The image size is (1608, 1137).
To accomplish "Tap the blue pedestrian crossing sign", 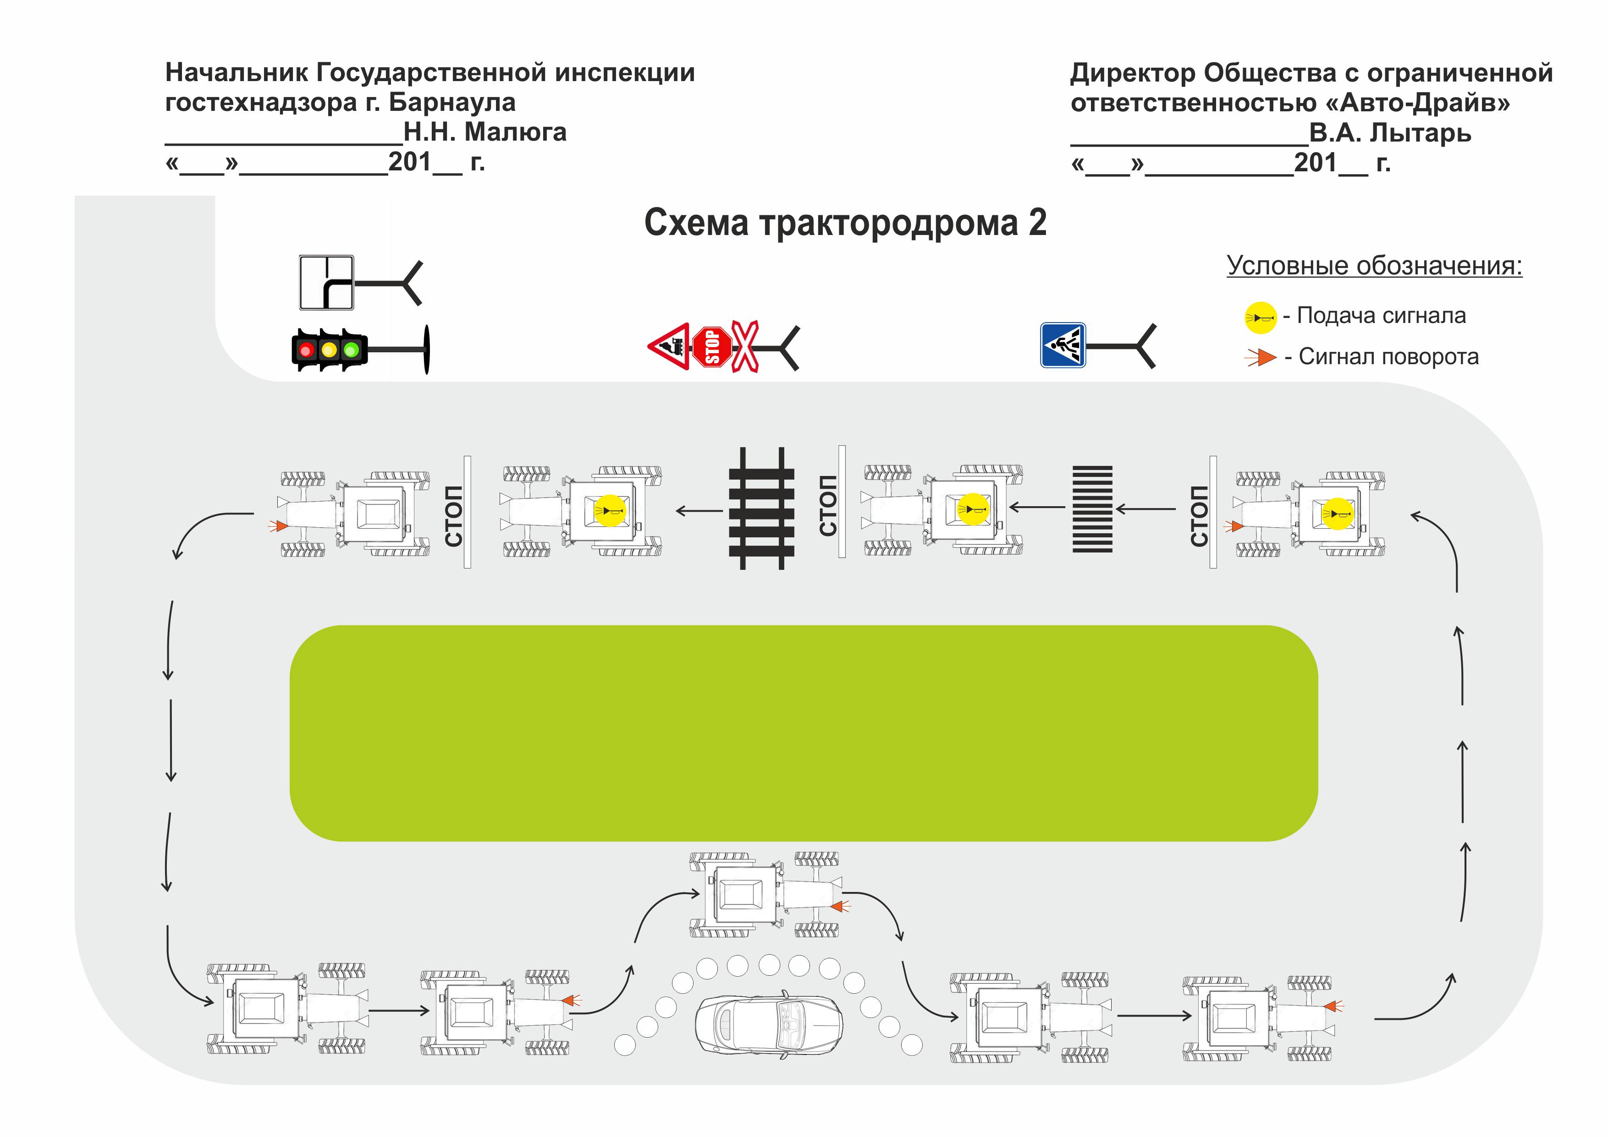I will (x=1063, y=345).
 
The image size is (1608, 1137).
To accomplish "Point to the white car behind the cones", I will (x=768, y=1023).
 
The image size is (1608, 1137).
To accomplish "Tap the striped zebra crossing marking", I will (x=1092, y=509).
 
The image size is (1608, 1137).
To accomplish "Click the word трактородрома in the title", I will (x=888, y=224).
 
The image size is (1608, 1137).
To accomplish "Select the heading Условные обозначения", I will (x=1374, y=266).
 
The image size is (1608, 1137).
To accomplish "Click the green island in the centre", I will (x=803, y=732).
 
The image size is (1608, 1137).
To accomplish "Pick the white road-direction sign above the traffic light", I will (x=326, y=283).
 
